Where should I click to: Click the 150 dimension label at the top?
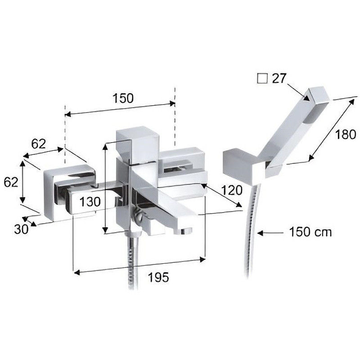click(124, 98)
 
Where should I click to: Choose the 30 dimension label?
click(21, 229)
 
